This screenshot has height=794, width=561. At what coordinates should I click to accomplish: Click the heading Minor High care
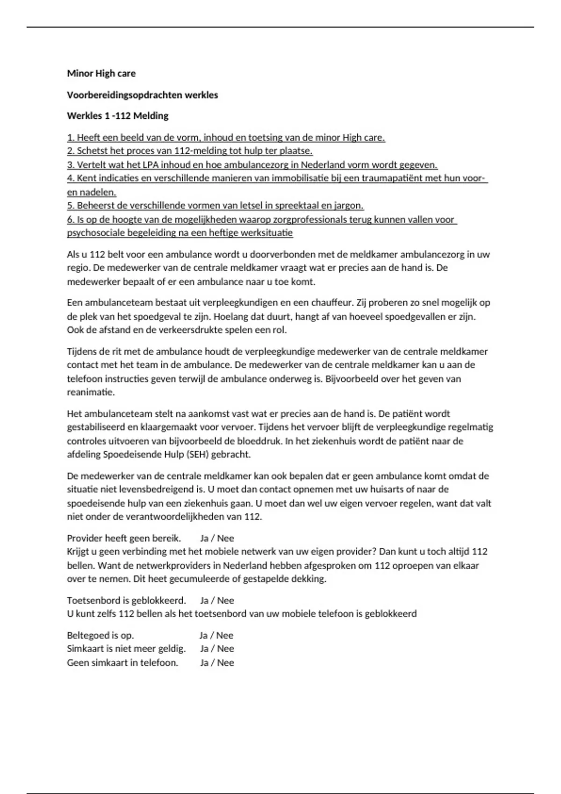tap(101, 73)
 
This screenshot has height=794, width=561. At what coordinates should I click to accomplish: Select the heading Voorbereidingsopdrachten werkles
tap(143, 95)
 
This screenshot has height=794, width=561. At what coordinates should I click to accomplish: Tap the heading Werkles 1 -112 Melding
tap(118, 116)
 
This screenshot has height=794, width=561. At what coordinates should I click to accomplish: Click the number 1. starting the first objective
tap(71, 138)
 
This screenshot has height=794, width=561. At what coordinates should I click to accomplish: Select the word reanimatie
tap(91, 392)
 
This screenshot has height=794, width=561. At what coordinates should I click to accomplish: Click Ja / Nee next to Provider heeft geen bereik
tap(217, 539)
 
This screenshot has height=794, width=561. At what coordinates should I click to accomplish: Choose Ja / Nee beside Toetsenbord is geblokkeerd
tap(217, 601)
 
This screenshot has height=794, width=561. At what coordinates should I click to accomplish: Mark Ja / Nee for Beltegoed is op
tap(216, 636)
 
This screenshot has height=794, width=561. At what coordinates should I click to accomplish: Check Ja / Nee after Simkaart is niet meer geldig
tap(217, 649)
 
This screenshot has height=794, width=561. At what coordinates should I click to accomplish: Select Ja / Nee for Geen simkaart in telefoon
tap(217, 663)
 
